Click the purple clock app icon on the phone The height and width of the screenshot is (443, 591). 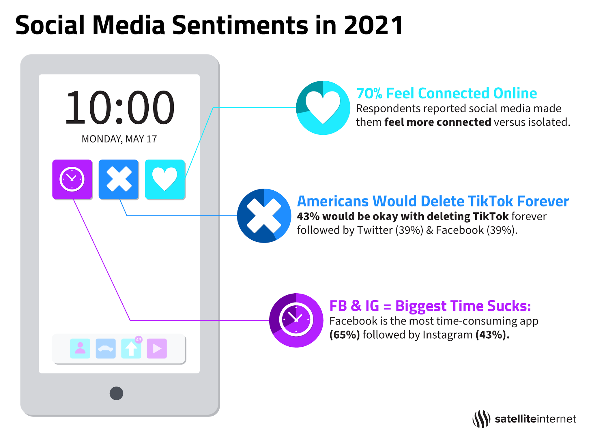click(x=72, y=179)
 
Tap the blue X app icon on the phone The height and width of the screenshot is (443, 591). click(x=119, y=179)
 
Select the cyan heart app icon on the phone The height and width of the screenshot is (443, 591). click(x=165, y=179)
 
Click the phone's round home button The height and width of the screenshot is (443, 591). click(x=116, y=393)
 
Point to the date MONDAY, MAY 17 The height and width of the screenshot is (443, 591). click(x=119, y=139)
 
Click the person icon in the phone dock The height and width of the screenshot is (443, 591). click(x=80, y=348)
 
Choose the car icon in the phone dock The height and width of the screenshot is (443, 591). click(x=106, y=348)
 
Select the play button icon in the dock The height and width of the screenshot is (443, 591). click(x=157, y=348)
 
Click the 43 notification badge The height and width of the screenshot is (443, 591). click(x=139, y=339)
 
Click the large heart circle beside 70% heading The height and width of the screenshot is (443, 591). click(x=323, y=108)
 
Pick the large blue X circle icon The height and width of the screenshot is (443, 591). click(x=264, y=216)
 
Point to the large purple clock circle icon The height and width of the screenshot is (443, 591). click(x=296, y=320)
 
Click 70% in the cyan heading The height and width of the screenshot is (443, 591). click(x=369, y=93)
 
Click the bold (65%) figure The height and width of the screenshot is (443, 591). click(x=345, y=335)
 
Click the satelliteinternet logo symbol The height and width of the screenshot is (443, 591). click(x=481, y=419)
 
